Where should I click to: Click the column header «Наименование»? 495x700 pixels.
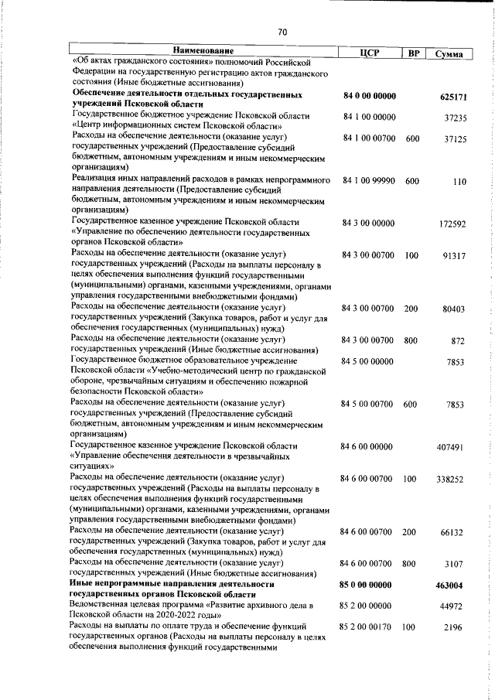(202, 51)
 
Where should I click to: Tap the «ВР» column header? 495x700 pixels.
(414, 53)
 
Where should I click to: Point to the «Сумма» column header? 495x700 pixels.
(449, 53)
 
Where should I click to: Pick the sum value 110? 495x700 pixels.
(459, 181)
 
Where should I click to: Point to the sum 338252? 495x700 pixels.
(449, 480)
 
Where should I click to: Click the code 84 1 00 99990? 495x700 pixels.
(368, 180)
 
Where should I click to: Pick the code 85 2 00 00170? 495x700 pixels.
(368, 628)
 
